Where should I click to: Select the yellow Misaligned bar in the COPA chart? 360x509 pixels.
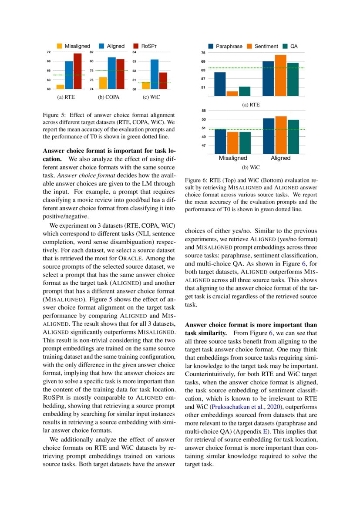103,83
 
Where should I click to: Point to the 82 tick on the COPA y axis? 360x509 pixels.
91,52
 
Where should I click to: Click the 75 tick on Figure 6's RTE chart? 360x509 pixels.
203,53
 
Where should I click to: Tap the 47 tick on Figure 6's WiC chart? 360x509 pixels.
203,145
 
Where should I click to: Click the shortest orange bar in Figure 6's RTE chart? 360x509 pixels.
232,94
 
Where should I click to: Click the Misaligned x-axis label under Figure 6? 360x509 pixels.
232,158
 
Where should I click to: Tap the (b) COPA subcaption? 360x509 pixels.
107,98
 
